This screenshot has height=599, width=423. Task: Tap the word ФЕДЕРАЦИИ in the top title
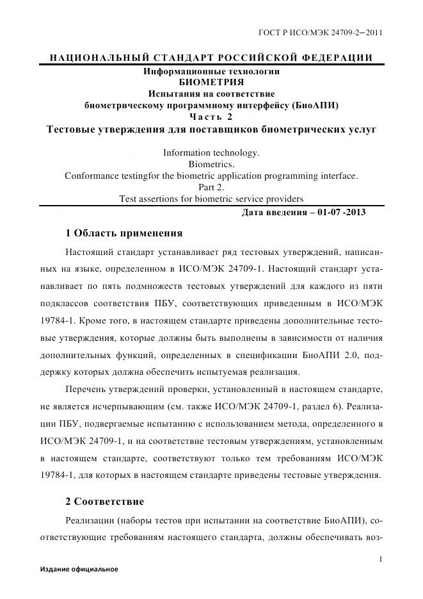click(339, 58)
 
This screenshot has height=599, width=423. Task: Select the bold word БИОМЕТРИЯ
click(211, 83)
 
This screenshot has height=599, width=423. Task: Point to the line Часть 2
click(211, 117)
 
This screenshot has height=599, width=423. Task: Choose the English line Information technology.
click(211, 152)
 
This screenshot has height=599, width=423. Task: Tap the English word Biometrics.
click(211, 164)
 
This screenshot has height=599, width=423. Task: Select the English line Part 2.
click(211, 187)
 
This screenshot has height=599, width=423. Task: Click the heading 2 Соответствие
click(105, 500)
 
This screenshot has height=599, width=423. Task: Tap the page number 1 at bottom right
click(381, 559)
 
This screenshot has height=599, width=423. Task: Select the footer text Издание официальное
click(79, 569)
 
